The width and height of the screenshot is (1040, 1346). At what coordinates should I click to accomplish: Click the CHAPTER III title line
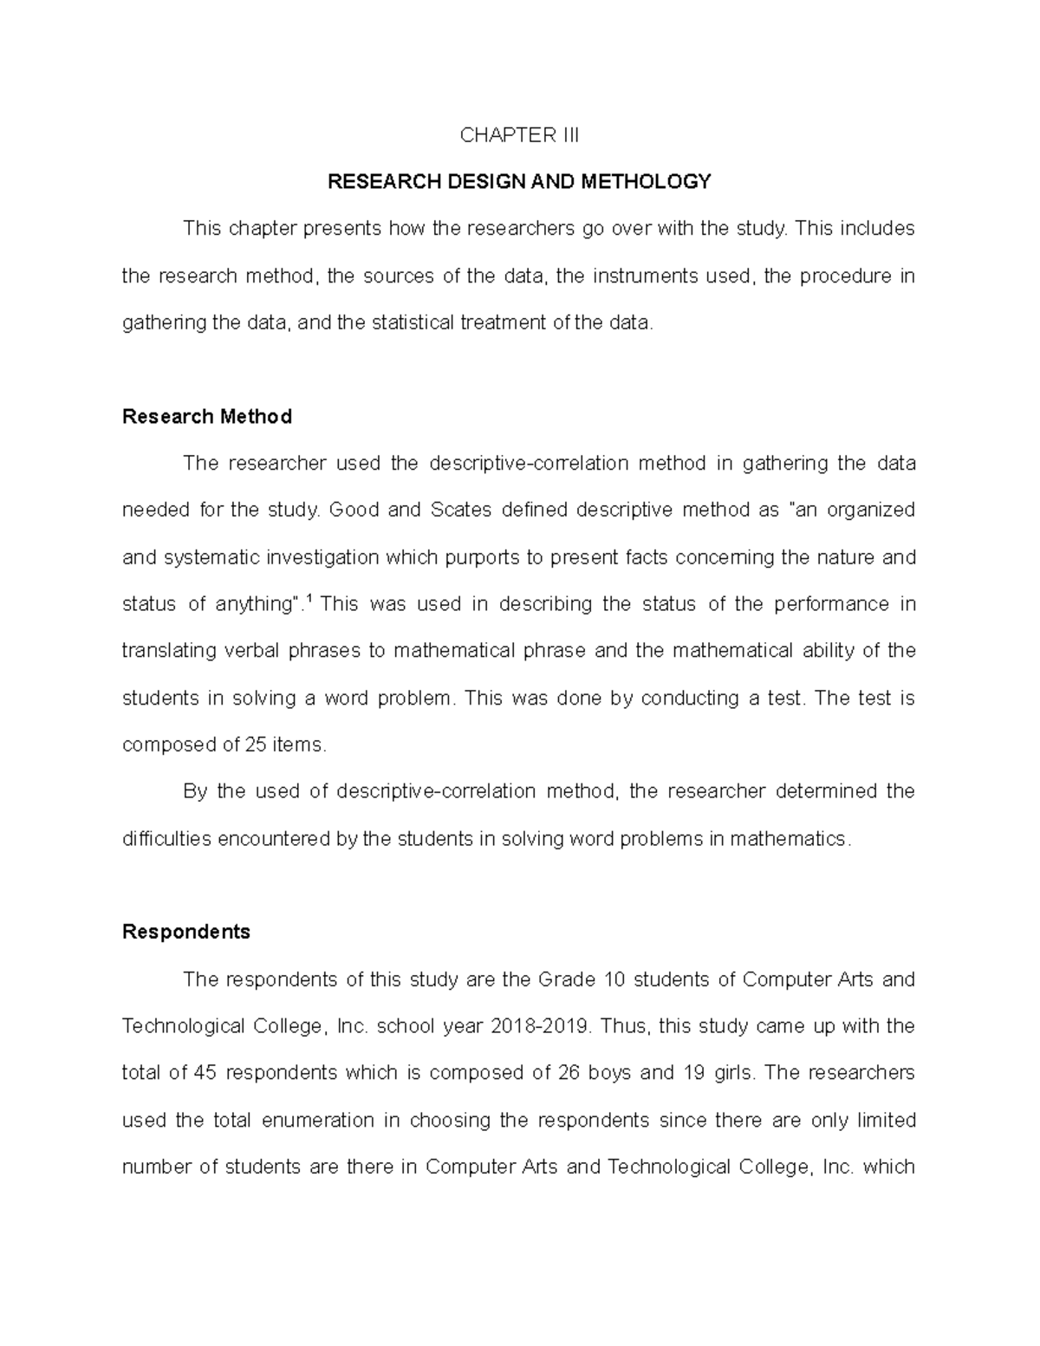[x=519, y=135]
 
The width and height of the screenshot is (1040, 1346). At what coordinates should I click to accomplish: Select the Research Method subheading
[x=207, y=417]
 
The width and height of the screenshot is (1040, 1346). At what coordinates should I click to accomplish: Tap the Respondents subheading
[x=186, y=932]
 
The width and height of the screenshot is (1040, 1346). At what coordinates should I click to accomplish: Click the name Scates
[x=461, y=510]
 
